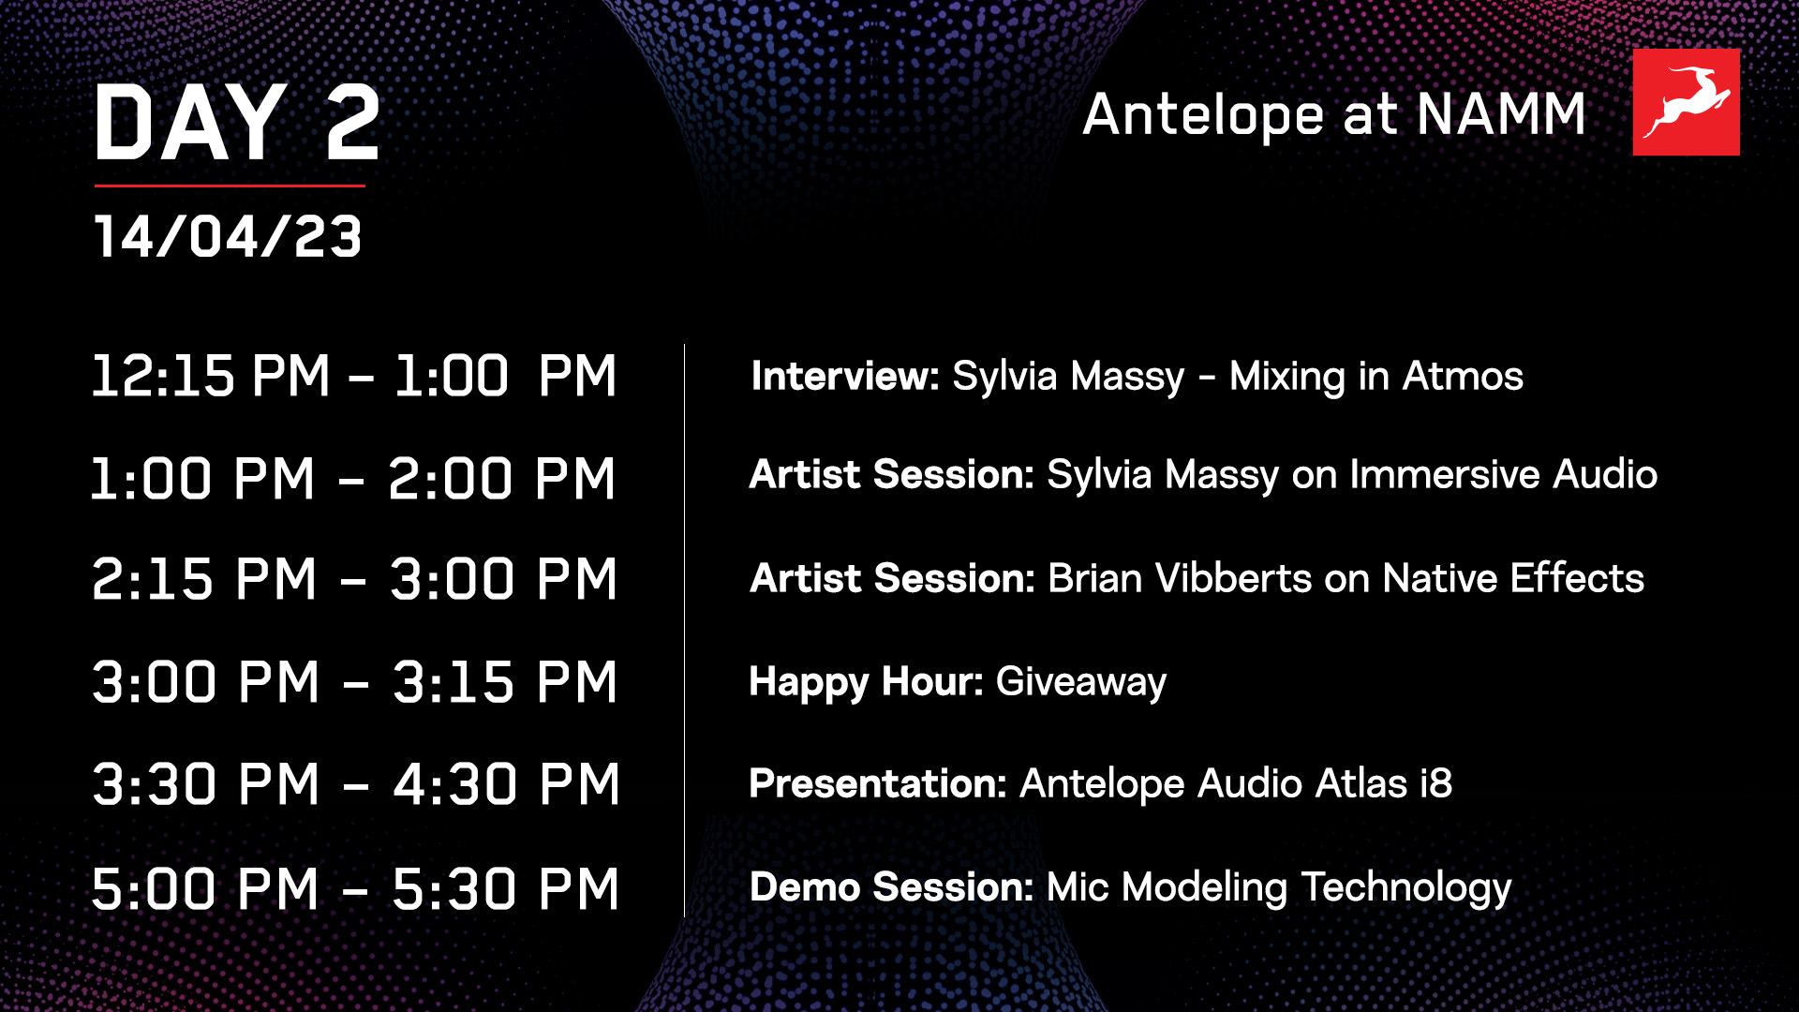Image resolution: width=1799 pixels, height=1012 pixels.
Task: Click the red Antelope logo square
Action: click(x=1686, y=102)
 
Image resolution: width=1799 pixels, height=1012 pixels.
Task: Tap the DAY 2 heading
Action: click(x=237, y=123)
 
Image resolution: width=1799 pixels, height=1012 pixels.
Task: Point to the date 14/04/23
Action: click(x=228, y=236)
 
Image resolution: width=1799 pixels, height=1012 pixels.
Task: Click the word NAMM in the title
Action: click(x=1500, y=115)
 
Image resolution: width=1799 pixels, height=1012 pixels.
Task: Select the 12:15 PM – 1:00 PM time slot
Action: click(x=354, y=377)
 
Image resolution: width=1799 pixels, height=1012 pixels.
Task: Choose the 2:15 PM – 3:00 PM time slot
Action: click(x=354, y=579)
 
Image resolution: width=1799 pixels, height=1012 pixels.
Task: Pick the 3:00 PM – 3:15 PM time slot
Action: click(x=354, y=682)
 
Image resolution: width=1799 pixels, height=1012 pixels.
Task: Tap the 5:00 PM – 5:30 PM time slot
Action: click(x=355, y=888)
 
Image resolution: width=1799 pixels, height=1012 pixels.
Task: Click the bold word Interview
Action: click(x=844, y=377)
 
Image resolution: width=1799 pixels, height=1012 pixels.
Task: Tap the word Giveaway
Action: click(x=1081, y=682)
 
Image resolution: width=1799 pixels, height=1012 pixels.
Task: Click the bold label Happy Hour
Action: click(x=866, y=682)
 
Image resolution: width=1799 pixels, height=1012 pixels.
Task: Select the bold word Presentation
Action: click(x=877, y=784)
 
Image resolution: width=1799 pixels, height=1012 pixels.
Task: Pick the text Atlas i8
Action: click(x=1383, y=784)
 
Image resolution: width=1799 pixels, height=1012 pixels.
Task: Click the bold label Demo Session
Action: click(x=891, y=887)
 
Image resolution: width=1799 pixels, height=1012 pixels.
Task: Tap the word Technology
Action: click(x=1406, y=888)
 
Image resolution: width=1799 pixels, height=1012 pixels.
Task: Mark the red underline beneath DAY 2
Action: click(x=230, y=186)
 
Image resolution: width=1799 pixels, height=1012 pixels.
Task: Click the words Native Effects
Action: click(x=1513, y=578)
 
